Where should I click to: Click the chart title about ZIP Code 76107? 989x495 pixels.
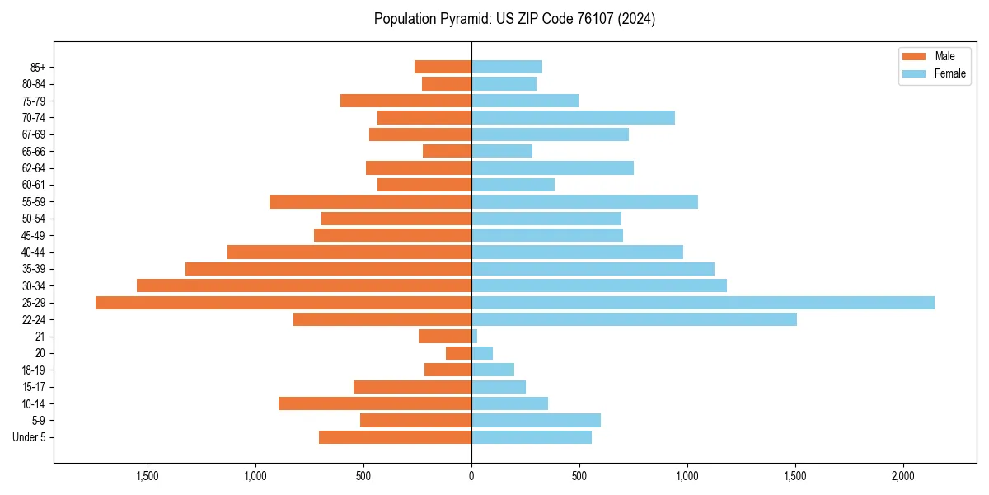514,19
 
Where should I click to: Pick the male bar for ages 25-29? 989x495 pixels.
284,303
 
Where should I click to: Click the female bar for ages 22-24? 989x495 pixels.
634,319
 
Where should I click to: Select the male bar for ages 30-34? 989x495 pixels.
304,285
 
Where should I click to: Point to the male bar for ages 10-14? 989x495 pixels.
375,403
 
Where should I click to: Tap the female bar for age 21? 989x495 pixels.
475,337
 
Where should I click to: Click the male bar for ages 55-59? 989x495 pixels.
371,201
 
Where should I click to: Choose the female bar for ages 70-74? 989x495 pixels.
573,117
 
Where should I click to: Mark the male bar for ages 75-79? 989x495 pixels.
405,101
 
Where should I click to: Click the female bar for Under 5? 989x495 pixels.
532,437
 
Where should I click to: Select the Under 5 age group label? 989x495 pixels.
30,437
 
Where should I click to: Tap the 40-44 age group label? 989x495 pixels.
32,252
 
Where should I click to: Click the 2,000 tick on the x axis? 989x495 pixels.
903,476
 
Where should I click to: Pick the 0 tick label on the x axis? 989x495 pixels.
471,476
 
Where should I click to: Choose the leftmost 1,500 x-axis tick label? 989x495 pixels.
148,476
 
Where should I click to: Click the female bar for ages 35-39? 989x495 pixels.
593,269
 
